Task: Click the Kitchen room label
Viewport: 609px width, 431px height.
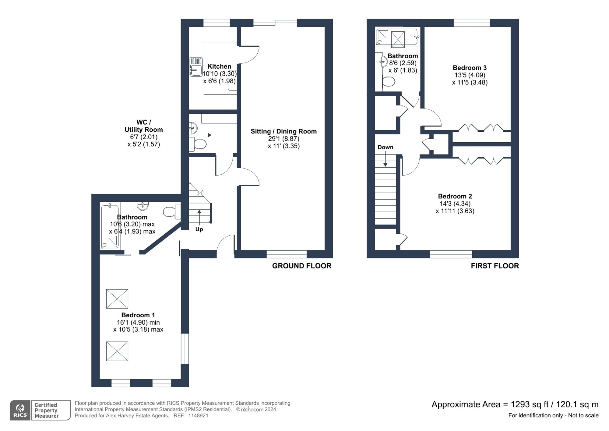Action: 219,66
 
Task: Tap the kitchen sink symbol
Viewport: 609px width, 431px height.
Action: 196,67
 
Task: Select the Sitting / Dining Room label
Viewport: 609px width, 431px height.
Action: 283,131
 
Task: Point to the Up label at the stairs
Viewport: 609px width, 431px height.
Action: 199,229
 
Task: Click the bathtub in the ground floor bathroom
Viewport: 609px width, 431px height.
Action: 110,226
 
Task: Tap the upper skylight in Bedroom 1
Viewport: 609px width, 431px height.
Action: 117,299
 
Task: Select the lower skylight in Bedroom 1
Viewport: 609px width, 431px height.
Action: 117,351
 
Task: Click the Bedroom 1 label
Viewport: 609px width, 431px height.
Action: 138,315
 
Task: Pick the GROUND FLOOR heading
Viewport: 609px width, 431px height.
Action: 301,266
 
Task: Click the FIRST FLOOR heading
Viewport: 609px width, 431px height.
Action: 495,266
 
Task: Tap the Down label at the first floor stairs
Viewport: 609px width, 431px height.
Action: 385,147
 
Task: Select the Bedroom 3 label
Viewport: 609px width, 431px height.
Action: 470,68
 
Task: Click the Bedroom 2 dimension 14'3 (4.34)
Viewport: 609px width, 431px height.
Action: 454,204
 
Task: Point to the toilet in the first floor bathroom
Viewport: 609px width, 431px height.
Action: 389,81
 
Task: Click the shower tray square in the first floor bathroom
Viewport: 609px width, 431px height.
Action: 398,39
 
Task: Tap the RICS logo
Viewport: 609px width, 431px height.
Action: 20,410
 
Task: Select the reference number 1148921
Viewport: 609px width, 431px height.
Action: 198,415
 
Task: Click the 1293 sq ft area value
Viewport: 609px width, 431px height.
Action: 529,404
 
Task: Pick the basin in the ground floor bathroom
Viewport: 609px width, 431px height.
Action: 143,206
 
